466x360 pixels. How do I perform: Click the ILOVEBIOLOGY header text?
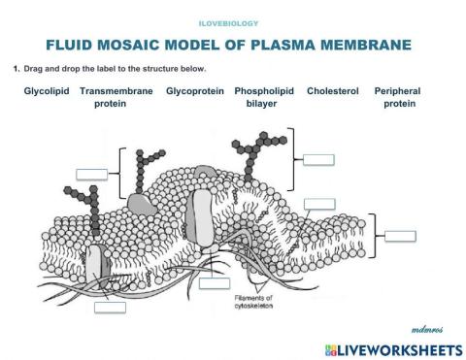[234, 20]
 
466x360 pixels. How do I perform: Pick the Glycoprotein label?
[195, 91]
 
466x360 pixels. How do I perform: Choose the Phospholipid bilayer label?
[264, 97]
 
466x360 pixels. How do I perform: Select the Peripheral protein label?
[400, 97]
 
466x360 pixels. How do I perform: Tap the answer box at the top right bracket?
[321, 159]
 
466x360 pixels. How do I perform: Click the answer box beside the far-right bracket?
[398, 235]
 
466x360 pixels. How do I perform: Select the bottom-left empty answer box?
[110, 307]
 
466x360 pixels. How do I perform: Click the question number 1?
[17, 69]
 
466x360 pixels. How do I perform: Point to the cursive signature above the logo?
[427, 329]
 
